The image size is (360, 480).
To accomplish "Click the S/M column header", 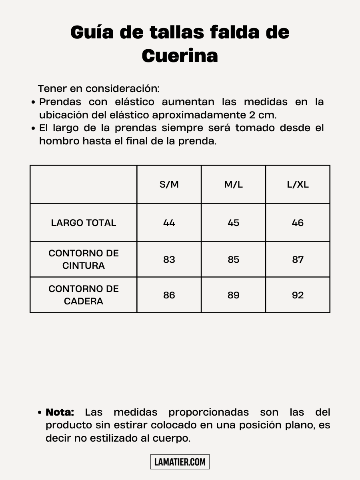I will pyautogui.click(x=169, y=184).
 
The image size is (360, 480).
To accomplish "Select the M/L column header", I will pyautogui.click(x=233, y=184).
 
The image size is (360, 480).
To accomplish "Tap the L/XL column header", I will pyautogui.click(x=298, y=184).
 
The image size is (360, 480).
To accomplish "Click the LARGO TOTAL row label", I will pyautogui.click(x=84, y=223).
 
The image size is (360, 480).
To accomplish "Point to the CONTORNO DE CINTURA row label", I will pyautogui.click(x=84, y=259).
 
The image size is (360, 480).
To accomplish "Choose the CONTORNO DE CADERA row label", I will pyautogui.click(x=84, y=295).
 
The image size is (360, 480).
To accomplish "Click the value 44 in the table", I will pyautogui.click(x=169, y=223).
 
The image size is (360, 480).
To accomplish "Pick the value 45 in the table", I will pyautogui.click(x=233, y=223).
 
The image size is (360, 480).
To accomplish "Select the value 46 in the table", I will pyautogui.click(x=298, y=223).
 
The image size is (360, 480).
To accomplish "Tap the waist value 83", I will pyautogui.click(x=169, y=260).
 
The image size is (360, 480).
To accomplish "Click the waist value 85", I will pyautogui.click(x=233, y=260).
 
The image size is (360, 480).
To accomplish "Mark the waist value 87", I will pyautogui.click(x=298, y=260).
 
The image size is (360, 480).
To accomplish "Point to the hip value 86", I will pyautogui.click(x=169, y=295).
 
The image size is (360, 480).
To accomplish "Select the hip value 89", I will pyautogui.click(x=233, y=295).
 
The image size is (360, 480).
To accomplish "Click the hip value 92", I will pyautogui.click(x=298, y=295).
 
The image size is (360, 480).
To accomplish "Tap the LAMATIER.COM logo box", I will pyautogui.click(x=180, y=462).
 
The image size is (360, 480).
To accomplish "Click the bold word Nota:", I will pyautogui.click(x=60, y=412).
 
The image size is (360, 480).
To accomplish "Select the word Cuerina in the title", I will pyautogui.click(x=180, y=56).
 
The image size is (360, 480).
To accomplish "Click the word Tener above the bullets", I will pyautogui.click(x=52, y=88).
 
